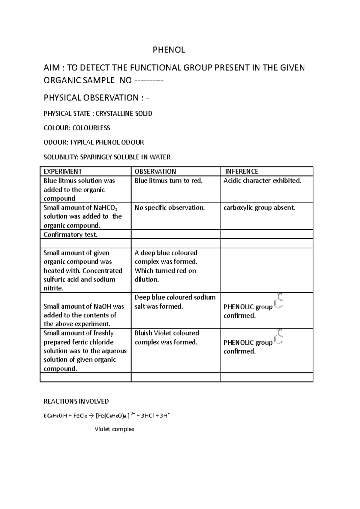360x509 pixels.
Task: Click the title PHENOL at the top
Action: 169,50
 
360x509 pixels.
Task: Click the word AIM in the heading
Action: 52,68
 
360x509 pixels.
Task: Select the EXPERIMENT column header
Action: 63,171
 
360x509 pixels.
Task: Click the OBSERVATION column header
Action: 155,171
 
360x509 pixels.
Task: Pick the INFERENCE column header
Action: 241,171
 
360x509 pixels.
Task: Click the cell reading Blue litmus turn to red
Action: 168,181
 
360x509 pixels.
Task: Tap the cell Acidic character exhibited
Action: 262,181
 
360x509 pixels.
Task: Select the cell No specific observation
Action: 169,208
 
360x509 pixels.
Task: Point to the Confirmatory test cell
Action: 70,235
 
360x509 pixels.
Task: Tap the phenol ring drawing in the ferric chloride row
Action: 279,337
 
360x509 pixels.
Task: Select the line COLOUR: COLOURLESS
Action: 77,128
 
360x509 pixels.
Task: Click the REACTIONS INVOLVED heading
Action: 76,401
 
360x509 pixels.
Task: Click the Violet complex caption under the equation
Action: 114,429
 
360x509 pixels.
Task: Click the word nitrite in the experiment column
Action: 53,288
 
